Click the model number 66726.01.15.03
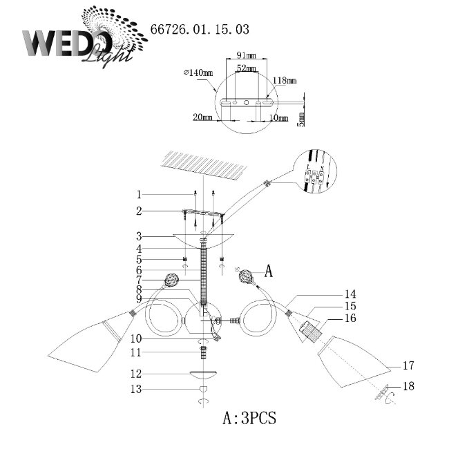(200, 30)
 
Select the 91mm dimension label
(247, 55)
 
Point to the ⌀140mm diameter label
(198, 72)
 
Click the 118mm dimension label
(285, 81)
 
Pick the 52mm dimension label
(246, 68)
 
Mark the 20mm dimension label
(202, 117)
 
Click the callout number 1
(138, 194)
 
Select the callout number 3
(138, 236)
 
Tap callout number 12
(138, 374)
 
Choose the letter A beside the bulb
(269, 272)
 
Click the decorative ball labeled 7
(171, 281)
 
